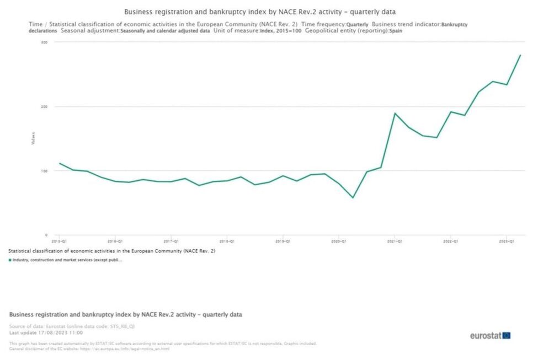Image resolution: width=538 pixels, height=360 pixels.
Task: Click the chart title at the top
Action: point(259,12)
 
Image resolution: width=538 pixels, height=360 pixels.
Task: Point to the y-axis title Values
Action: point(33,138)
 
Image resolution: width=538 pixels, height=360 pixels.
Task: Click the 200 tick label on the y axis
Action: point(44,106)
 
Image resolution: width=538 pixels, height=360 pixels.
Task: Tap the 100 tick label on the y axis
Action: point(44,171)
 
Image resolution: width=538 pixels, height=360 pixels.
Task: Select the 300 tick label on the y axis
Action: point(44,42)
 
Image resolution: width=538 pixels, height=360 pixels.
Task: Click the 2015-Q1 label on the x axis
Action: point(59,241)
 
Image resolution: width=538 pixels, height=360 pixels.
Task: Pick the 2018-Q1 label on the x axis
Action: point(227,241)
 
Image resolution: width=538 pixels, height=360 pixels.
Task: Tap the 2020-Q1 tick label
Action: point(339,241)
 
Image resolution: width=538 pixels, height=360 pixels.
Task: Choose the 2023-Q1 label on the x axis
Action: point(507,241)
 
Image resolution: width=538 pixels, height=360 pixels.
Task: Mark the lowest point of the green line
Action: point(353,197)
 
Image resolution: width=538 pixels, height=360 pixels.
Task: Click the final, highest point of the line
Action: point(520,55)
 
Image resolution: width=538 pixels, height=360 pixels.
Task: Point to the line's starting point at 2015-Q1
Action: point(60,163)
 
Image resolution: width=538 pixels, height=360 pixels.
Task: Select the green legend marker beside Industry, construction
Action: point(10,260)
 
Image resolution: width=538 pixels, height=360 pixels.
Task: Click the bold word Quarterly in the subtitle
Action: point(357,25)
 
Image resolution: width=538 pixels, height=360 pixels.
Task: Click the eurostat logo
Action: point(490,335)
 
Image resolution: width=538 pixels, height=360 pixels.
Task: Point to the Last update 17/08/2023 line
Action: point(45,333)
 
